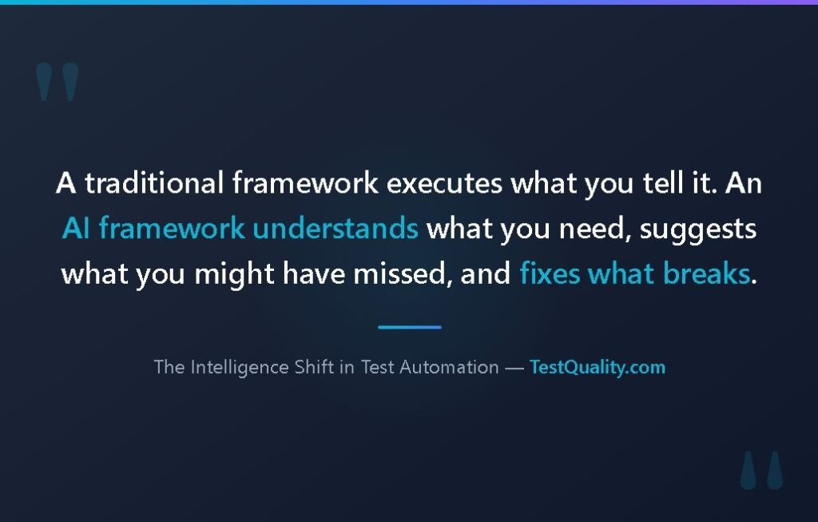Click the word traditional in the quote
click(155, 184)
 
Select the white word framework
click(305, 184)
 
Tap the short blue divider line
click(409, 327)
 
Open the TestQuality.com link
click(597, 368)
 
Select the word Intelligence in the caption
click(236, 368)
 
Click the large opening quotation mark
click(58, 82)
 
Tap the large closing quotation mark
click(760, 470)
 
